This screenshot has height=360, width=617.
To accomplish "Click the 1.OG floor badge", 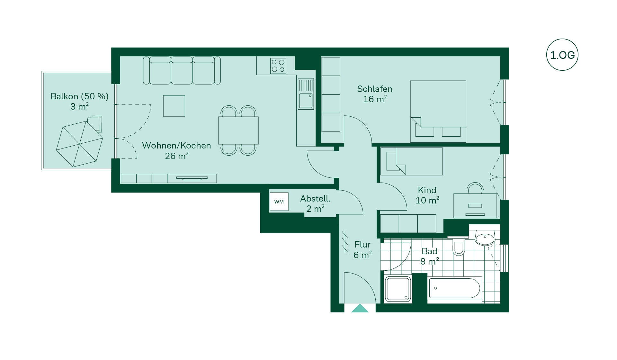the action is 562,55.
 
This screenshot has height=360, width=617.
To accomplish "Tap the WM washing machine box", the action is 279,202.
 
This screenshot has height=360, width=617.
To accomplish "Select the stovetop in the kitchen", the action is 278,66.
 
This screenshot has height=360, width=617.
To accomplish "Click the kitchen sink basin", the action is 306,101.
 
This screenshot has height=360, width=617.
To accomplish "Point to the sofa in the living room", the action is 182,70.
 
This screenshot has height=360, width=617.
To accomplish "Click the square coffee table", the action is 174,106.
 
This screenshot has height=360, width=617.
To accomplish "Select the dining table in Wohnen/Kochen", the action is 238,130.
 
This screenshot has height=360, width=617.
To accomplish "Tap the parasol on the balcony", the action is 79,144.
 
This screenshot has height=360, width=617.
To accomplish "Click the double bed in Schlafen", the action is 438,111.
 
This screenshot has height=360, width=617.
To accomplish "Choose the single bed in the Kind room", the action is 412,161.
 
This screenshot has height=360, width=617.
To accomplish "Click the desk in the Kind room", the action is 475,206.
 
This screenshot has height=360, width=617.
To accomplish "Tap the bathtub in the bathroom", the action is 454,288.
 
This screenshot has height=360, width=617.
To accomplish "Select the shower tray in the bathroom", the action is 398,289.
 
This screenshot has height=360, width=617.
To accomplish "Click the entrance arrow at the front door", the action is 360,308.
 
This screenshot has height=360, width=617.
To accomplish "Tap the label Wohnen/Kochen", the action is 176,146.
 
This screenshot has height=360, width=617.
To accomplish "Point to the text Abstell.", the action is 315,199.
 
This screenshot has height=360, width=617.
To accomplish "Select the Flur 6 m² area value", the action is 362,255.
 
